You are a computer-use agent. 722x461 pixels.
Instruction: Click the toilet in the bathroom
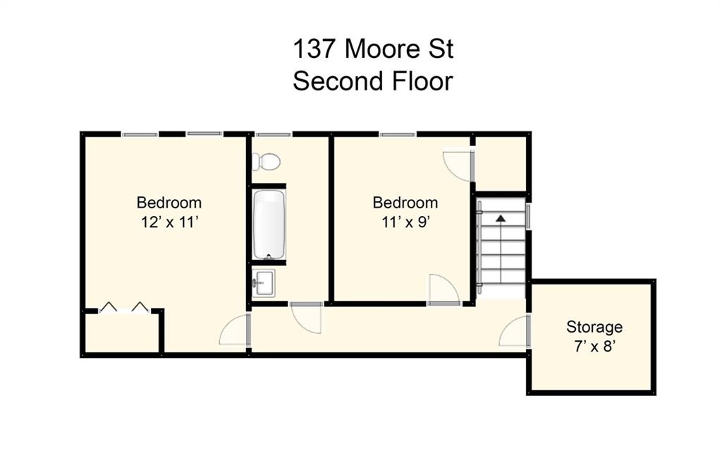(x=266, y=162)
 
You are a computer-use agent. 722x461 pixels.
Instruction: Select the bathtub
(x=269, y=225)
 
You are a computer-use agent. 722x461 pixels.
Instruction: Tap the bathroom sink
(x=264, y=282)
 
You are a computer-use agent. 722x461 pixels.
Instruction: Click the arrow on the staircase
(x=501, y=218)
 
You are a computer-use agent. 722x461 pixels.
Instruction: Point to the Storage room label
(x=594, y=327)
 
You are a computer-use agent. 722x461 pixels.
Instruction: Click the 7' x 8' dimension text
(x=594, y=346)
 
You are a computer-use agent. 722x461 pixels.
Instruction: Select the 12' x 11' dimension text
(x=169, y=222)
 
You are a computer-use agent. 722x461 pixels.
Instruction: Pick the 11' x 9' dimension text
(x=405, y=222)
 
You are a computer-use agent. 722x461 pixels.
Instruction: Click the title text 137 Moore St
(x=373, y=49)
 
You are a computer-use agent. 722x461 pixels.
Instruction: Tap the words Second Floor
(x=373, y=81)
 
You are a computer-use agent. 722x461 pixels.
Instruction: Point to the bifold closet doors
(x=125, y=307)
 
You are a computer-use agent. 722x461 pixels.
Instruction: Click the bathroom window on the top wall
(x=274, y=134)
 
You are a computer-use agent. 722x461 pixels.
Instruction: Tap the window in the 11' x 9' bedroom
(x=398, y=134)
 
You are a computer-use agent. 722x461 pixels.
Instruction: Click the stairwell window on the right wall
(x=528, y=216)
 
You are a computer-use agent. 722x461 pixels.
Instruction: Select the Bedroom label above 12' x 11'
(x=169, y=203)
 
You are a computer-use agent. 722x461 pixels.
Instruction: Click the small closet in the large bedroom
(x=122, y=332)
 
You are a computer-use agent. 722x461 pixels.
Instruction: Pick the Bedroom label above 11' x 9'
(x=405, y=203)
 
